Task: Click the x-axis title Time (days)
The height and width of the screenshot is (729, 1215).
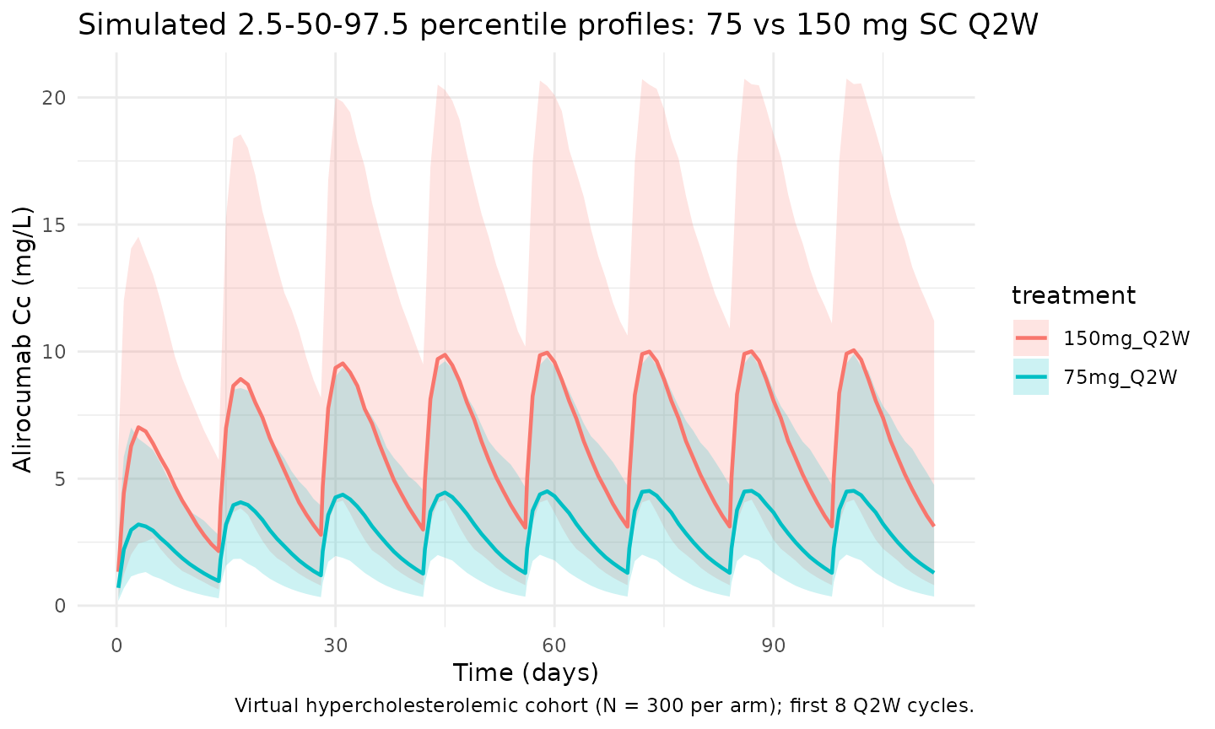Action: coord(526,672)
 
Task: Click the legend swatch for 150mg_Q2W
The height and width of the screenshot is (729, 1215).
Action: coord(1030,338)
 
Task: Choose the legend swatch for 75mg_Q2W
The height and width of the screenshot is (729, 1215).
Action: coord(1030,376)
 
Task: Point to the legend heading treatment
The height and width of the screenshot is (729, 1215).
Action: coord(1073,296)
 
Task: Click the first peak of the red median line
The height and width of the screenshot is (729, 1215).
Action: coord(138,428)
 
